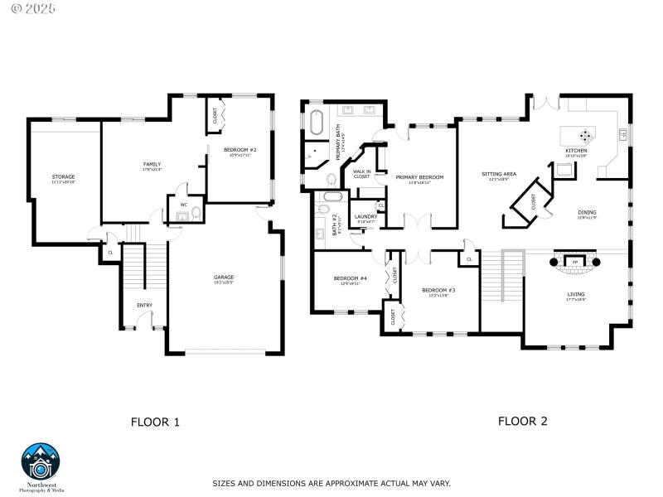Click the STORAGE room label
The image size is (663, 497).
(63, 176)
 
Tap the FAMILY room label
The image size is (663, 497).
(152, 164)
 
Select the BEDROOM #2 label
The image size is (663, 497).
(240, 150)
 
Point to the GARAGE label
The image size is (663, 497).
(224, 277)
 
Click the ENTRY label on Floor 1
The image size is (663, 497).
(144, 305)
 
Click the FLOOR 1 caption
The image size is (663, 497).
(155, 422)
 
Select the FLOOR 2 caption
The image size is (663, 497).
(522, 421)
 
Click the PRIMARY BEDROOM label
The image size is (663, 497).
(419, 177)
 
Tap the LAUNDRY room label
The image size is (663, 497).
(365, 217)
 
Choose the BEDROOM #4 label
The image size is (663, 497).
(350, 278)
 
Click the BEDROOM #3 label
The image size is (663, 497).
(438, 290)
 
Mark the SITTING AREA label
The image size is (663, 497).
(499, 174)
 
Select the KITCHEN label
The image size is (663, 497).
(576, 151)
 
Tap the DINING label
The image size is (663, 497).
(587, 212)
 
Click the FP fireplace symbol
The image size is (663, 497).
(574, 263)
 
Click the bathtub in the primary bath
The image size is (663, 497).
(317, 123)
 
